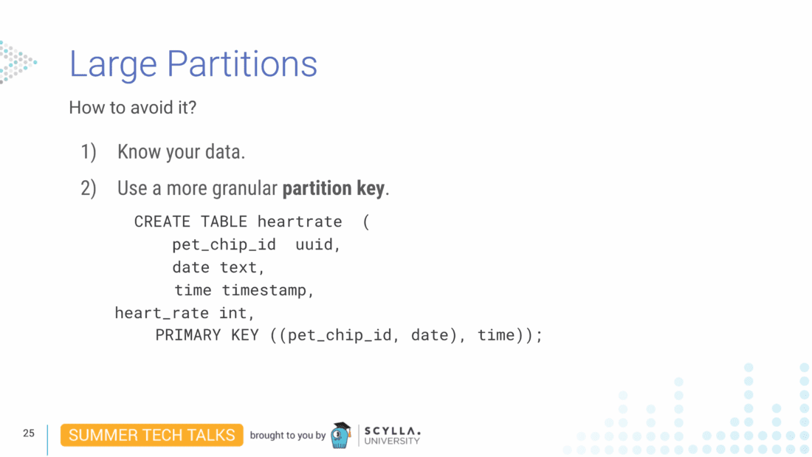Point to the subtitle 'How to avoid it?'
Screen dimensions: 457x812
(x=133, y=108)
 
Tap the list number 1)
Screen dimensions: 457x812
(x=89, y=152)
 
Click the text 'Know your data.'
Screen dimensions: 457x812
(x=181, y=152)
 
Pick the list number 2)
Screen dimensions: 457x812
(x=89, y=188)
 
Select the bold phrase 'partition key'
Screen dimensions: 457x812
(x=333, y=188)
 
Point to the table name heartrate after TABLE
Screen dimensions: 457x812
(x=300, y=221)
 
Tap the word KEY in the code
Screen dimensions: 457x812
(x=244, y=335)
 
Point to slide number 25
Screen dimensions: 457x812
(x=29, y=433)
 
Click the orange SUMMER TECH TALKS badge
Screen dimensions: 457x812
(x=151, y=435)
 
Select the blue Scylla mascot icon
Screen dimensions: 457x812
(x=340, y=436)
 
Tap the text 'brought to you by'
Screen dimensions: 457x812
(x=287, y=436)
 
